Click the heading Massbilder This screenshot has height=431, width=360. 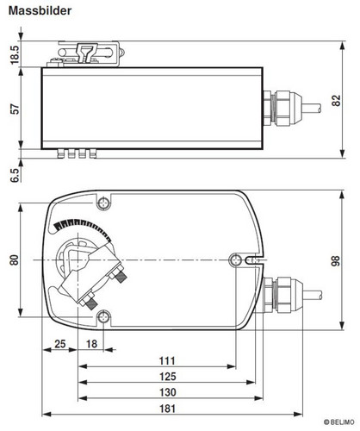[40, 11]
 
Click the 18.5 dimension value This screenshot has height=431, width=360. [15, 55]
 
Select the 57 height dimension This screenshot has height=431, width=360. [15, 109]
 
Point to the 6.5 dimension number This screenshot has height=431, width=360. [15, 175]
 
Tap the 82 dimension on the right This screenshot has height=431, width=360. [336, 101]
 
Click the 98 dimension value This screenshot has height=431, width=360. [335, 260]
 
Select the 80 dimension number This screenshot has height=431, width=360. [15, 259]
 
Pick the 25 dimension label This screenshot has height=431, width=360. [60, 344]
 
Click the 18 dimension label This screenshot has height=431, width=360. [91, 344]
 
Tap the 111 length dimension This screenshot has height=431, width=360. [167, 360]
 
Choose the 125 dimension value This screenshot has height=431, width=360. [168, 377]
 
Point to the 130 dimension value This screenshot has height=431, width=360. [168, 392]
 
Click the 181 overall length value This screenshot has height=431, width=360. [167, 409]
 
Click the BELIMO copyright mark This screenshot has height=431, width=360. [338, 422]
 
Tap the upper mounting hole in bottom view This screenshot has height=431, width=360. [103, 203]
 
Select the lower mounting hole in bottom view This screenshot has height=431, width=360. [103, 318]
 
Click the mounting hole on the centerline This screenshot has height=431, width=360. [236, 260]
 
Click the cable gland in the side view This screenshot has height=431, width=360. [282, 109]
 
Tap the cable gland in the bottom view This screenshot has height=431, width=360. [283, 295]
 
